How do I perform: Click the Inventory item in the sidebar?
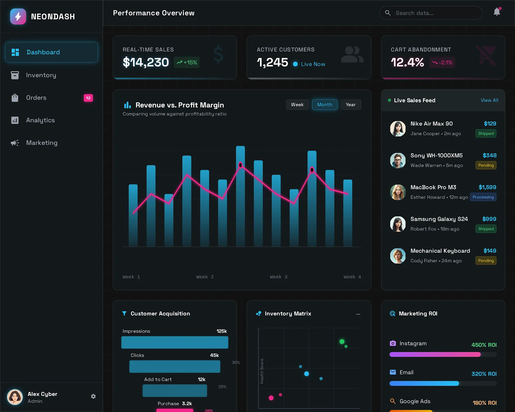point(41,75)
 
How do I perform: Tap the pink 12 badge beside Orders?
point(88,98)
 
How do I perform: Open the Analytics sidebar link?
point(40,120)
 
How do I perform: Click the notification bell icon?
point(497,12)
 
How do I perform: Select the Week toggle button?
point(297,105)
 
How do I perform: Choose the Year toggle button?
point(351,105)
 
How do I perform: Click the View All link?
point(489,100)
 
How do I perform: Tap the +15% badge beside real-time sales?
point(187,62)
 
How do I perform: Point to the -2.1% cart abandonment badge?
point(442,62)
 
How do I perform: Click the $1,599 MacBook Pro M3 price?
point(487,187)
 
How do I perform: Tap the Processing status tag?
point(483,197)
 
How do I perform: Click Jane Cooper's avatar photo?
point(398,128)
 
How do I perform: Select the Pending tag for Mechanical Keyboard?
point(486,261)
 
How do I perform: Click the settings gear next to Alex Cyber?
point(93,396)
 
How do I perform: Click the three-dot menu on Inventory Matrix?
point(358,314)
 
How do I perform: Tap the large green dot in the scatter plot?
point(342,342)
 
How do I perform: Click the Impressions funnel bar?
point(175,342)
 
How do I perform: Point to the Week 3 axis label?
point(278,277)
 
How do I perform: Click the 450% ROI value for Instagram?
point(484,345)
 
